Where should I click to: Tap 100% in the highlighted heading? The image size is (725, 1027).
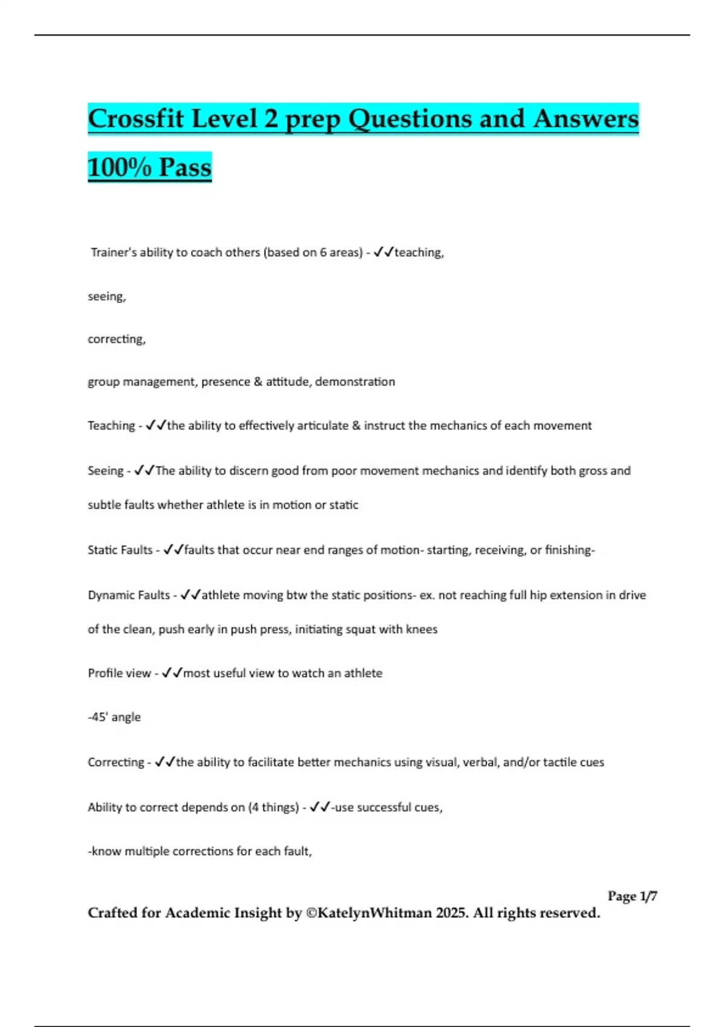click(120, 167)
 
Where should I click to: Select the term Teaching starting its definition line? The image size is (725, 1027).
click(111, 426)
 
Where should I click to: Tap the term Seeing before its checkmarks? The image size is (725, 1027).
click(105, 471)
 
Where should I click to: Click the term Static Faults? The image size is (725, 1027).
click(120, 550)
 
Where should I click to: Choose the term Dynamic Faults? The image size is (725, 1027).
click(129, 595)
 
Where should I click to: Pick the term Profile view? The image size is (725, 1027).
click(119, 673)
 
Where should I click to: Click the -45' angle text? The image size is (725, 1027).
click(114, 717)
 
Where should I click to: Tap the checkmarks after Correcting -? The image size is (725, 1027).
click(165, 762)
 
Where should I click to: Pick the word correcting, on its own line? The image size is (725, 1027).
click(117, 339)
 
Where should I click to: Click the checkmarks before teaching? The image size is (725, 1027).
click(384, 253)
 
